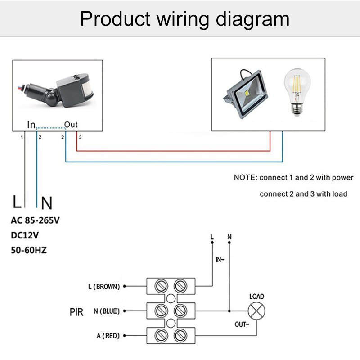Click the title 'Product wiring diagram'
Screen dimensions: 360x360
click(x=184, y=19)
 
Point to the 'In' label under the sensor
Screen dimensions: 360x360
click(x=31, y=125)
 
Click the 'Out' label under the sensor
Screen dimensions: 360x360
click(x=71, y=124)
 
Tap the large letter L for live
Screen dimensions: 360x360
click(x=17, y=202)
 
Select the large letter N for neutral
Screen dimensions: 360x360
click(x=46, y=203)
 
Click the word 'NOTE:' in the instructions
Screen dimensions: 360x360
click(x=245, y=177)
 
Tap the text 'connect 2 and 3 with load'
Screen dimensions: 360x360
click(x=303, y=194)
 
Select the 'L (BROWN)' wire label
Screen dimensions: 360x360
click(x=104, y=286)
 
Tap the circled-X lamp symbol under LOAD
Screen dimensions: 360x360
click(x=257, y=311)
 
